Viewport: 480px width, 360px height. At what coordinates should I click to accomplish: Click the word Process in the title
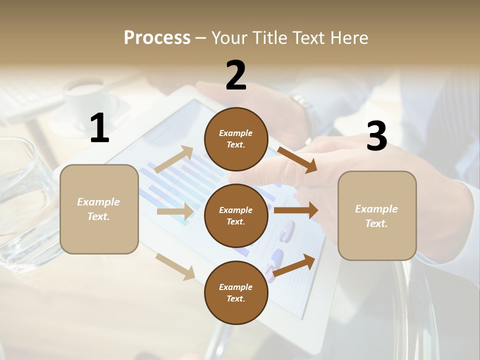tap(157, 37)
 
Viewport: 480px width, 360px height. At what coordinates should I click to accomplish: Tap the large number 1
tap(99, 128)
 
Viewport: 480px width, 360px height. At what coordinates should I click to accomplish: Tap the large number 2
tap(236, 75)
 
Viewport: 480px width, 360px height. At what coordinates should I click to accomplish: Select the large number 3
tap(376, 136)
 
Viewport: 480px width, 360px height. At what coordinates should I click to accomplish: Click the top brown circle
tap(236, 139)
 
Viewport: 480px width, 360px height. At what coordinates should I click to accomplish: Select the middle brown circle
tap(236, 215)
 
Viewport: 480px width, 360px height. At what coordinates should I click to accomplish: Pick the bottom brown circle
tap(236, 292)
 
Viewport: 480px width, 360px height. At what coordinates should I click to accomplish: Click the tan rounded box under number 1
tap(99, 209)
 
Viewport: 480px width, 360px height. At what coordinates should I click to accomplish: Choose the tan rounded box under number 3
tap(377, 216)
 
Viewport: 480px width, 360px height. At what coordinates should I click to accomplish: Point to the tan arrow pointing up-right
tap(174, 159)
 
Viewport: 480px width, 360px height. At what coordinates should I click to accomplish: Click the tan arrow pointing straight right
tap(175, 211)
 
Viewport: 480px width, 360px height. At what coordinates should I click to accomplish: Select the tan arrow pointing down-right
tap(175, 266)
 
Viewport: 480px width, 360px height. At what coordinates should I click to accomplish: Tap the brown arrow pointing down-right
tap(297, 159)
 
